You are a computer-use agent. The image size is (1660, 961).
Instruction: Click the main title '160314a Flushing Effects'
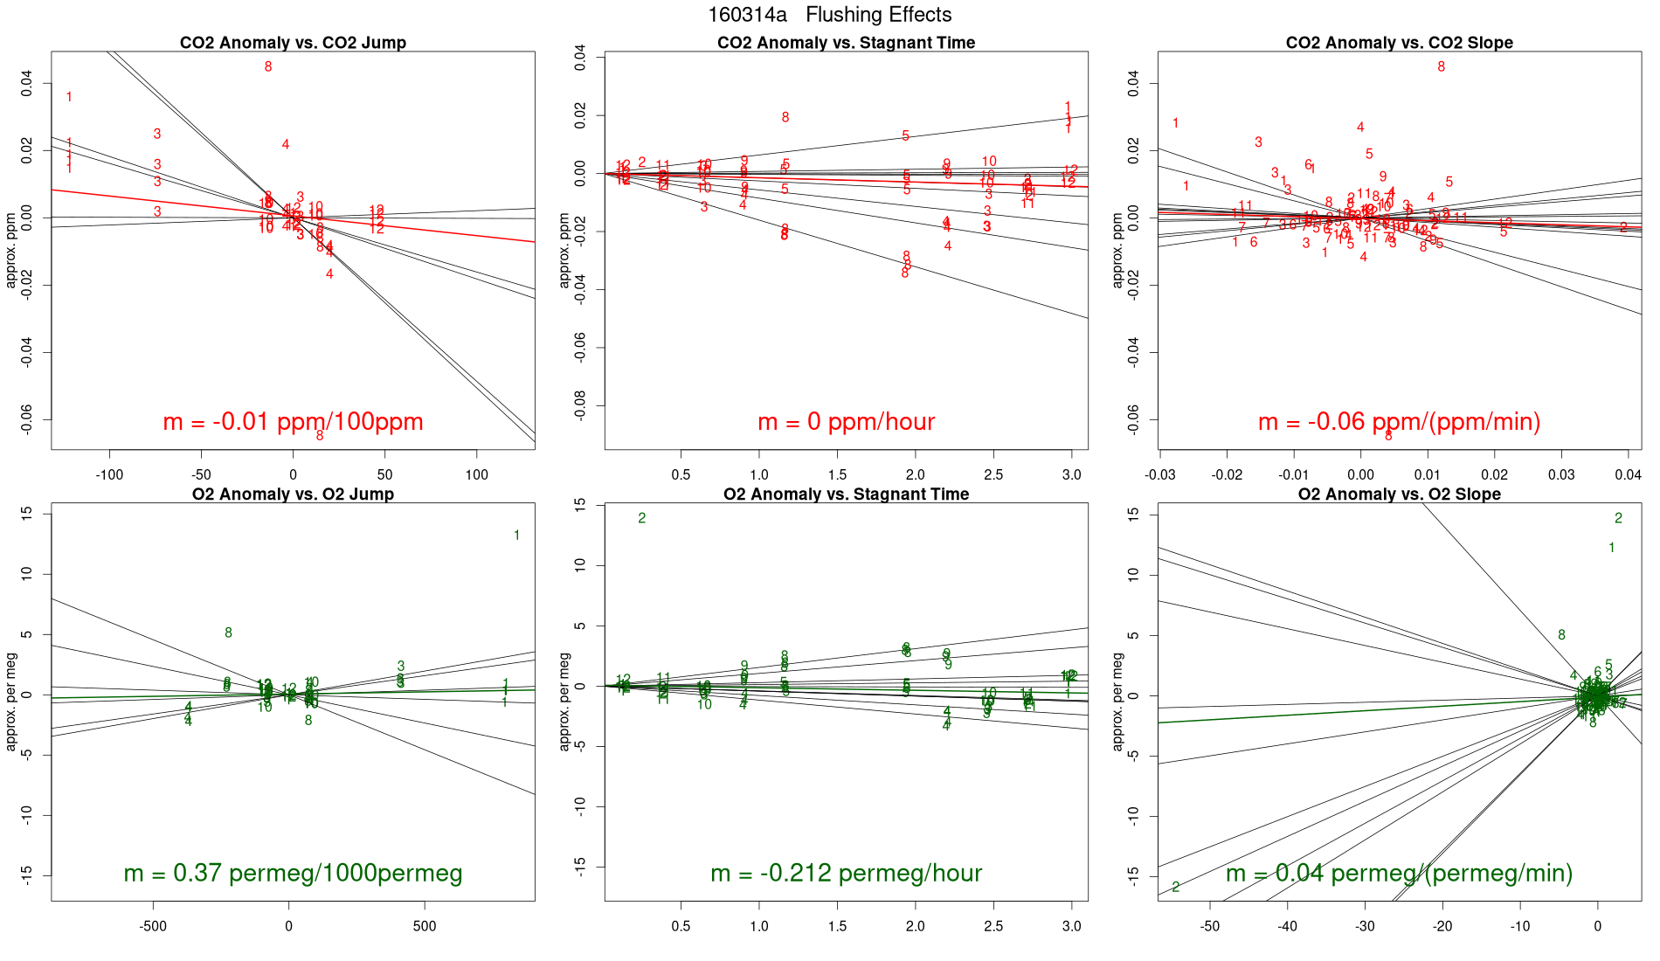[x=829, y=15]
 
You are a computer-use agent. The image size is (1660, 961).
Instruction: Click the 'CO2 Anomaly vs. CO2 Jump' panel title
[x=293, y=43]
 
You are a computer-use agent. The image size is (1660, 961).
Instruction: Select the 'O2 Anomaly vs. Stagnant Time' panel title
[x=846, y=494]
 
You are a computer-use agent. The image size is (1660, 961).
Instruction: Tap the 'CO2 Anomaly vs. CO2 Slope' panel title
[x=1399, y=43]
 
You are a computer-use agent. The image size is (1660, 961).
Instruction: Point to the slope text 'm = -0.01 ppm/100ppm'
[x=293, y=422]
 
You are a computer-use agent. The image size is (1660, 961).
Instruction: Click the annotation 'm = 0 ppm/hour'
[x=846, y=422]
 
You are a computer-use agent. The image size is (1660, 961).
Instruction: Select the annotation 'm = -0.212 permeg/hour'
[x=846, y=873]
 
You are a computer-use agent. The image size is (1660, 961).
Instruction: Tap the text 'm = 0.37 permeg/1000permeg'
[x=293, y=873]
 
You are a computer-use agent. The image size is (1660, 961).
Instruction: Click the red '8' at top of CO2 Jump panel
[x=268, y=67]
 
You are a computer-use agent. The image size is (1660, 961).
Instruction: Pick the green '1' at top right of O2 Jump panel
[x=516, y=536]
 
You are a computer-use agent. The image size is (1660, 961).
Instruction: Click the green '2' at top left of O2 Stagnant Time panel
[x=641, y=519]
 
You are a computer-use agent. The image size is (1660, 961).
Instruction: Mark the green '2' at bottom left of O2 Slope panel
[x=1175, y=888]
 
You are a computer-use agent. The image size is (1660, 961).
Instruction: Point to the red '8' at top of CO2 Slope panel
[x=1441, y=67]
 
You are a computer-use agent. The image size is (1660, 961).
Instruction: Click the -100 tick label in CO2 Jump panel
[x=109, y=475]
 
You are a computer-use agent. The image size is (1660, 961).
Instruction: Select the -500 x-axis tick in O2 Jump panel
[x=153, y=926]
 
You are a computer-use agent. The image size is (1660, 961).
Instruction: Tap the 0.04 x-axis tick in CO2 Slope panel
[x=1628, y=475]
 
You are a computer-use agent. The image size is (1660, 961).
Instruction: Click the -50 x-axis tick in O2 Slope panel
[x=1210, y=926]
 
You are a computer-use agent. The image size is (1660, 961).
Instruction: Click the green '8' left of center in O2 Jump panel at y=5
[x=228, y=633]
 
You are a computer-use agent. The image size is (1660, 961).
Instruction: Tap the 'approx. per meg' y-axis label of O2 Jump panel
[x=12, y=701]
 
